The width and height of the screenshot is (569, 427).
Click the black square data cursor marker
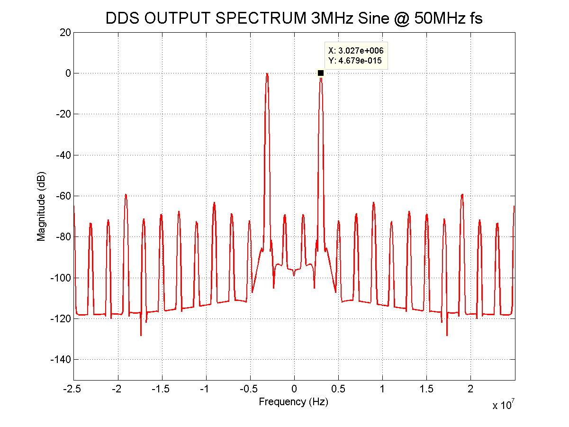pyautogui.click(x=321, y=73)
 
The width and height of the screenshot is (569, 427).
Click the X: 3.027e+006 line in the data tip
pyautogui.click(x=356, y=51)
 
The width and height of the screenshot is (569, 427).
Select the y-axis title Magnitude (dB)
pyautogui.click(x=42, y=206)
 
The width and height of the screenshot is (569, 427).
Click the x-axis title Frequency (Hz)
pyautogui.click(x=294, y=402)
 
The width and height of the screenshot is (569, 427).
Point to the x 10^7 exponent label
pyautogui.click(x=504, y=406)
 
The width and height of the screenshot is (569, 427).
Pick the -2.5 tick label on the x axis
pyautogui.click(x=73, y=389)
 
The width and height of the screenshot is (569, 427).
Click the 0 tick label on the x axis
pyautogui.click(x=294, y=389)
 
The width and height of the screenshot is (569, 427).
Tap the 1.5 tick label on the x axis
pyautogui.click(x=426, y=389)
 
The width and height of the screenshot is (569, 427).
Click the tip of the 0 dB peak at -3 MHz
pyautogui.click(x=267, y=73)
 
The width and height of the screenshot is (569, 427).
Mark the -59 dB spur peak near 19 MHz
pyautogui.click(x=462, y=194)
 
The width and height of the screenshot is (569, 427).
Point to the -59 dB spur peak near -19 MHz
pyautogui.click(x=126, y=194)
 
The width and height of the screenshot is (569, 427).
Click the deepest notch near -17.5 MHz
pyautogui.click(x=141, y=335)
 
